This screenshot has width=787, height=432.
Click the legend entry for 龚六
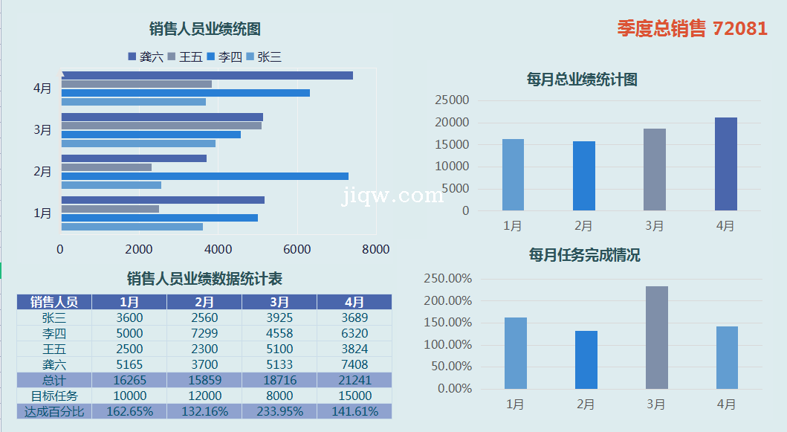pos(146,57)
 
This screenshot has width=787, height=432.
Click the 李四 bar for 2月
pos(204,176)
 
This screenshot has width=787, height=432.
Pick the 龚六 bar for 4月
pos(207,75)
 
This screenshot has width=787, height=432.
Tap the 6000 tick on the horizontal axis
pos(297,250)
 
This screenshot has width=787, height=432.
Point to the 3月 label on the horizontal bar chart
pos(42,130)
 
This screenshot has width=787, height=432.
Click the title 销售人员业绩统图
pos(204,29)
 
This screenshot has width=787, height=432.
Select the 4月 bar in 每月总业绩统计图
pos(725,164)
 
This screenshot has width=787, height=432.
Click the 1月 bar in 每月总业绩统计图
pos(513,175)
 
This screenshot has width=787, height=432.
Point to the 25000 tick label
pos(452,100)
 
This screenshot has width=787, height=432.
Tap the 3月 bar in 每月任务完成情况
pos(657,338)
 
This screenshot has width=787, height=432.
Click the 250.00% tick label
pos(448,279)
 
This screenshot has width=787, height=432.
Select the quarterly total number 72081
pos(739,28)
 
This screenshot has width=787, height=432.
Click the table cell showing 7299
pos(204,333)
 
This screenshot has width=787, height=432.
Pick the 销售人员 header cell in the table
pos(54,302)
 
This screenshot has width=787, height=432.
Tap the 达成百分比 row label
pos(54,411)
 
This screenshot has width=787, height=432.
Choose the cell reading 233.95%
pos(279,411)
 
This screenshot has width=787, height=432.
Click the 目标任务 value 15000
pos(354,396)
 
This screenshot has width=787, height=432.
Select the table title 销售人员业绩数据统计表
pos(204,279)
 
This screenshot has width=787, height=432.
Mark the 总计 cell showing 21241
pos(354,380)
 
